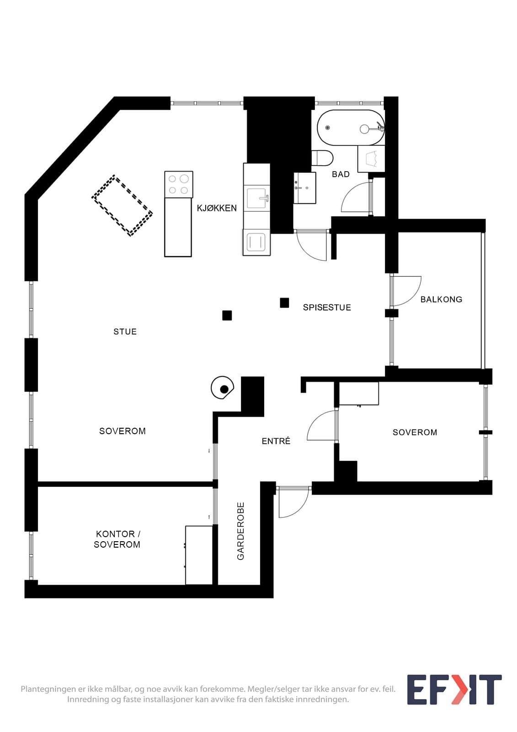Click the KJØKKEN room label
click(217, 208)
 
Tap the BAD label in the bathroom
click(341, 174)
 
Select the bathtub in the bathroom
click(351, 128)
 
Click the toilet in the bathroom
click(322, 158)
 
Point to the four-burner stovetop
click(179, 184)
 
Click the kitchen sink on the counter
click(258, 199)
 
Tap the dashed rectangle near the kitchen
click(122, 205)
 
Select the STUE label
click(125, 332)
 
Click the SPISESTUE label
click(327, 307)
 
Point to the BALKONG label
click(441, 299)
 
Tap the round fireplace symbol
click(223, 388)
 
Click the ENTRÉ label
click(276, 441)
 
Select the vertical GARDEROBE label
click(241, 531)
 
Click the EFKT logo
click(454, 689)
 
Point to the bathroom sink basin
click(305, 188)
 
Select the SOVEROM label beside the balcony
click(415, 432)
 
